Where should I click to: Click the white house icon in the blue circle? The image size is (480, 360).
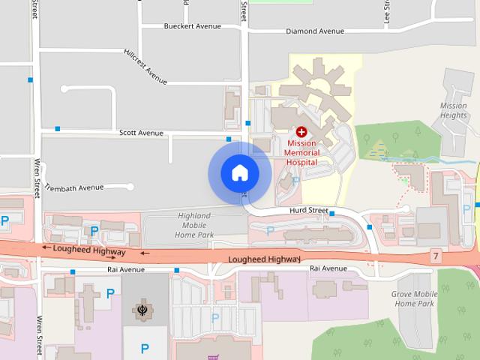pos(240,173)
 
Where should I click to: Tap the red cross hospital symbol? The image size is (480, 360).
pos(301,131)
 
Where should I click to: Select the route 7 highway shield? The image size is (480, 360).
pos(436,256)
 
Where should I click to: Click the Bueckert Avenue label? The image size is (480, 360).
pos(193,26)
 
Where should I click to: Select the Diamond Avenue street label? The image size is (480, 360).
pos(315,31)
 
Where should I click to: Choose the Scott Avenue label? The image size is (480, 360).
pos(141,133)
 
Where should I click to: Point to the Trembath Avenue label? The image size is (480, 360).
pos(74,187)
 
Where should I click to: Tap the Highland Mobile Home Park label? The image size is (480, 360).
pos(196,225)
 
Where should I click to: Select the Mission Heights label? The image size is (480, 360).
pos(454,111)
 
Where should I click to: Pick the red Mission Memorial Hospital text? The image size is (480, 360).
pos(301,152)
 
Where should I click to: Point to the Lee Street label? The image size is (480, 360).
pos(388,10)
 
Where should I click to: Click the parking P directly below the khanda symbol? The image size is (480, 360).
pos(145,348)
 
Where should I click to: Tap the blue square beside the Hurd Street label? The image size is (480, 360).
pos(332,214)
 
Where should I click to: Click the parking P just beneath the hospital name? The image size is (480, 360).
pos(296,181)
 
